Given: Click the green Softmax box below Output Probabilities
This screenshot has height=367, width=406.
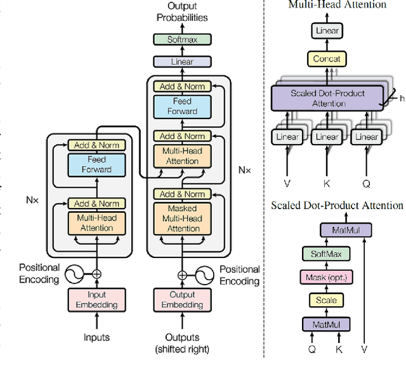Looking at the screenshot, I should coord(181,39).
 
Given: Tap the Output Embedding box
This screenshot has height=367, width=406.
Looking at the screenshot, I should coord(183,300).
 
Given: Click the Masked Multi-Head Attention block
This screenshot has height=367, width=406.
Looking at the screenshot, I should coord(183,218).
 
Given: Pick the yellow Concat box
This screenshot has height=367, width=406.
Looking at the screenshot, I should coord(327,59).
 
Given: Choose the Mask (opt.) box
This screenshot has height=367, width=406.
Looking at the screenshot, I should coord(327,277).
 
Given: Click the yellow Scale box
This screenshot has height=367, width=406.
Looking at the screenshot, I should coord(326,300).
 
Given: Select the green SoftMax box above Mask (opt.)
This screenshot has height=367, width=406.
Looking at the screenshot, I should coord(326,254).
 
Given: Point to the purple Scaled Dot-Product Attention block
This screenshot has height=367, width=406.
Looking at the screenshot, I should coord(327,98).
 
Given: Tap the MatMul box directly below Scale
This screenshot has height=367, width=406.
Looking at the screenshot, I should coord(326,325).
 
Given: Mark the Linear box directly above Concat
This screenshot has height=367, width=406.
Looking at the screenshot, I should coord(327,30).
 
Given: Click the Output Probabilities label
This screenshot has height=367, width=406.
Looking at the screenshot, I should coord(182,12).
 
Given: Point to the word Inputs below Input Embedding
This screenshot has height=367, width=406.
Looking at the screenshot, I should coord(96,338).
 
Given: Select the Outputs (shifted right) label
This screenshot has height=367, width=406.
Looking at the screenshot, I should coord(183,343).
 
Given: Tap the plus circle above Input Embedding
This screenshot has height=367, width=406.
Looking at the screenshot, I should coord(96,274).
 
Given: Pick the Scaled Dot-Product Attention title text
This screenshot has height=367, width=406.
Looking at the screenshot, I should coord(337,205).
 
